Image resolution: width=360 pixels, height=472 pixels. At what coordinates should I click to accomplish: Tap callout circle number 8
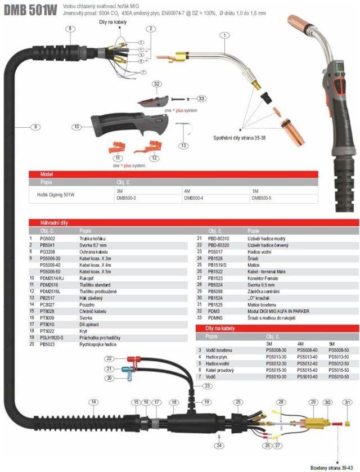tap(69, 28)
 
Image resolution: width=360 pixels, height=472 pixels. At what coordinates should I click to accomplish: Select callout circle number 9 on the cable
tap(35, 127)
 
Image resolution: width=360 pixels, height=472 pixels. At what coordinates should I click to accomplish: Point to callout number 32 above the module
tap(157, 84)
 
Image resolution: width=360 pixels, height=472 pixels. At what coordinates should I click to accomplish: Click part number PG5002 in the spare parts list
tap(47, 239)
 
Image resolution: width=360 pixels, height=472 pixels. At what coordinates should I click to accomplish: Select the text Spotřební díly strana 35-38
tap(246, 137)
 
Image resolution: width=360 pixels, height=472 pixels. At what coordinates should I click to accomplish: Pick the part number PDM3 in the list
tap(213, 311)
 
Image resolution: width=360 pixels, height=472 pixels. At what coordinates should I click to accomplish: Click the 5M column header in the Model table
tap(255, 191)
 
